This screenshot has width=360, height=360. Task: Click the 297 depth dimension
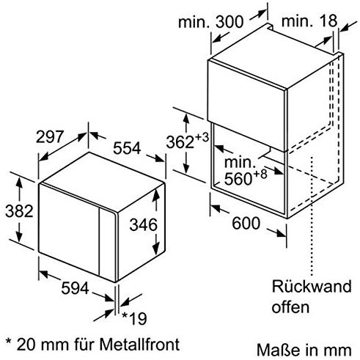coord(50,136)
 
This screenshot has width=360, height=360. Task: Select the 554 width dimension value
coord(127,148)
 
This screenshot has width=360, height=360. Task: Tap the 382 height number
coord(19,211)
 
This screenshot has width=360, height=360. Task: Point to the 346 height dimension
coord(144,225)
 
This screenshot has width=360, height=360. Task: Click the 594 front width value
coord(75,288)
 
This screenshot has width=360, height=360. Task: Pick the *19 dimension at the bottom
coord(134,318)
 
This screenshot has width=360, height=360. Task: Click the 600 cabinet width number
coord(246,223)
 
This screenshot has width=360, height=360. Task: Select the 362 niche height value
coord(180,142)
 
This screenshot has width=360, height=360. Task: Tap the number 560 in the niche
coord(238,179)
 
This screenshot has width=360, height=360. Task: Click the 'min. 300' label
coord(211,22)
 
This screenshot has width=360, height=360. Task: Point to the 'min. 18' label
coord(309,21)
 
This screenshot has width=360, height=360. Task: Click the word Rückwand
coord(312,286)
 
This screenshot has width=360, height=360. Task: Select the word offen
coord(290,306)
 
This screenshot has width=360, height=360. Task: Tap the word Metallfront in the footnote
coord(139,345)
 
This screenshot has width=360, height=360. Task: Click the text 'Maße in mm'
coord(304,350)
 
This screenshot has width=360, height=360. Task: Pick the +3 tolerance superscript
coord(202,137)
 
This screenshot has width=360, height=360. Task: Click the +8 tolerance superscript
coord(260,175)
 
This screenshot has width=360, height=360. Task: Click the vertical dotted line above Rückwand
coord(312,216)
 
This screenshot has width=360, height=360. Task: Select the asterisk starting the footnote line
coord(9,341)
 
